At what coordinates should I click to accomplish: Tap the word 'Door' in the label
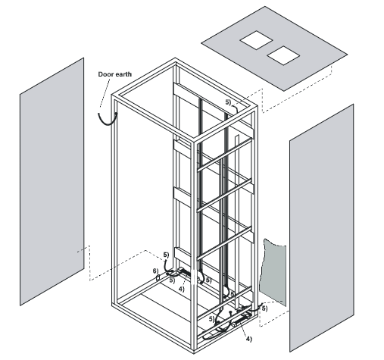click(108, 74)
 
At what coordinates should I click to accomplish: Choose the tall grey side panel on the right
click(322, 227)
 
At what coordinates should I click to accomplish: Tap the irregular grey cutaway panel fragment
click(273, 273)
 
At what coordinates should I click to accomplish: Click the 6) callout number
click(155, 271)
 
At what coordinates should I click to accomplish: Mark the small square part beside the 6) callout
click(158, 278)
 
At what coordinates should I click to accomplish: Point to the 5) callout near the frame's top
click(228, 99)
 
